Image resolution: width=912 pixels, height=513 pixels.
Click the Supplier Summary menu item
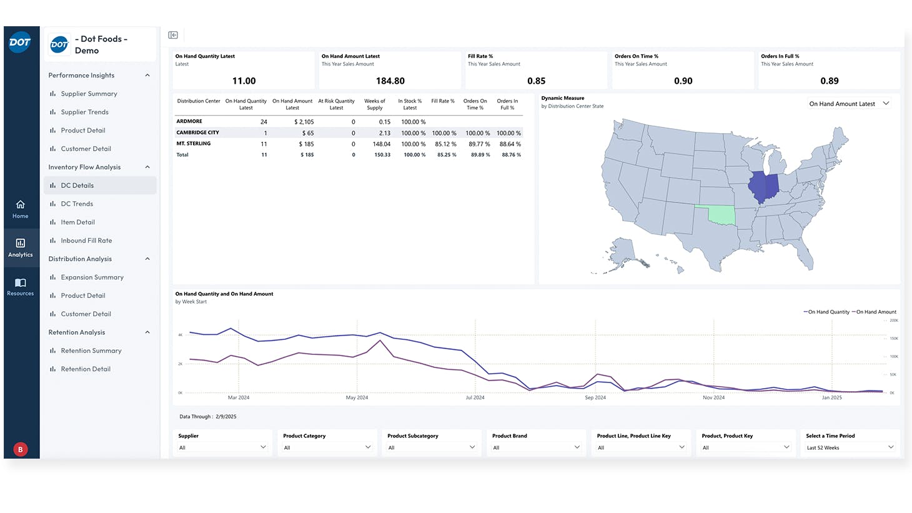89,94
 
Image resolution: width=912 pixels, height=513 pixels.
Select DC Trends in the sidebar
77,204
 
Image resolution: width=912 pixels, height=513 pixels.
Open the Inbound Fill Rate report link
86,241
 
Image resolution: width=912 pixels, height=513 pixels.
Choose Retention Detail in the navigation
86,369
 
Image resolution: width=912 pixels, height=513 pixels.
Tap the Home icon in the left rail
21,205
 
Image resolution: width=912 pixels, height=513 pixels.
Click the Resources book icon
21,282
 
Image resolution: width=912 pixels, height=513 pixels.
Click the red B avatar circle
21,449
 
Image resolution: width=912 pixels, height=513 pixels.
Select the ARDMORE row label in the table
189,121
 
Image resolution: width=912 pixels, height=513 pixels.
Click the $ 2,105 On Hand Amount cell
304,122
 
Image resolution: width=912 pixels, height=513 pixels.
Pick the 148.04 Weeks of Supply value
381,144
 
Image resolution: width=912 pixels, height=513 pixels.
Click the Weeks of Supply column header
375,104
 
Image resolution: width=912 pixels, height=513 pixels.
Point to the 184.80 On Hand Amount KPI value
390,81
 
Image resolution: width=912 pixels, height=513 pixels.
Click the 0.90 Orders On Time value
683,81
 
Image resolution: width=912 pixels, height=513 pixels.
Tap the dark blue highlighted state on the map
763,186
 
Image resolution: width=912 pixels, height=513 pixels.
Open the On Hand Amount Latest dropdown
849,104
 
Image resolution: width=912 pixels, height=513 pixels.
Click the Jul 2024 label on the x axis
475,397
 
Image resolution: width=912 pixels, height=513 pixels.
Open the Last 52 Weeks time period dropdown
850,447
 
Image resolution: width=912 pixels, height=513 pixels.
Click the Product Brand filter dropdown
536,447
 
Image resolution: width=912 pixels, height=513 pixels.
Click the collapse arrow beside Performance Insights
147,76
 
